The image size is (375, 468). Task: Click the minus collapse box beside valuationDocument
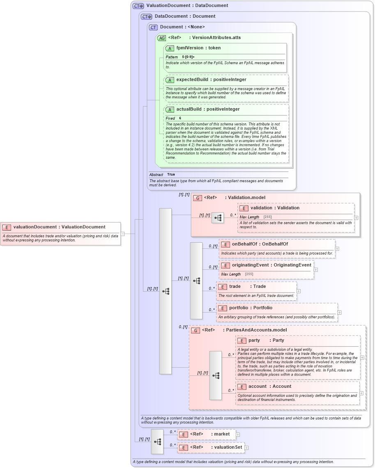pos(122,234)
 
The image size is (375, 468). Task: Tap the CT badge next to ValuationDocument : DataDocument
pos(138,6)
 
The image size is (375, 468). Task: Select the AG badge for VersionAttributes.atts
pos(162,38)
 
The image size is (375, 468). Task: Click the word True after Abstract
pos(171,175)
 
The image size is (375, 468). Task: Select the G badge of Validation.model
pos(198,198)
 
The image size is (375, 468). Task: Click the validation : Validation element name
pos(275,208)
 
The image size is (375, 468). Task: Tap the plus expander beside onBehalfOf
pos(337,248)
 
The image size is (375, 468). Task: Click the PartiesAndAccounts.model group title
pos(256,330)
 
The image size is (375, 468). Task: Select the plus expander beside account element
pos(362,393)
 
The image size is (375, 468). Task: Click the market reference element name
pos(222,434)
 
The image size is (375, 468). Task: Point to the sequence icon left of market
pos(157,441)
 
